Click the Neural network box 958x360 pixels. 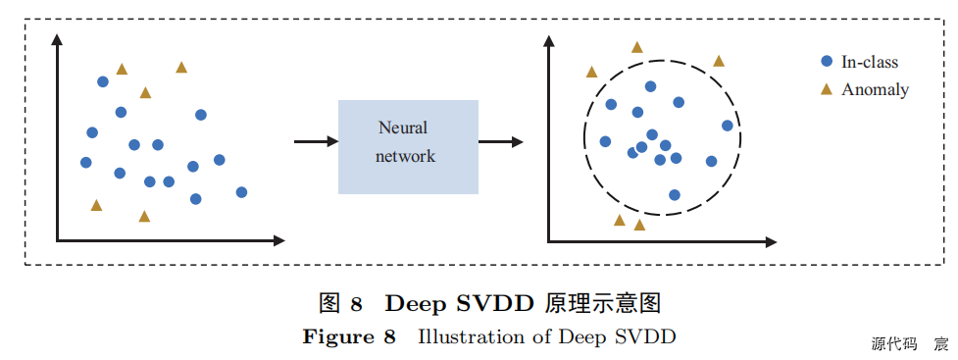[408, 146]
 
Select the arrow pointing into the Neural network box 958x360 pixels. [316, 142]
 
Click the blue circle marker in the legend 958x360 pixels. [827, 62]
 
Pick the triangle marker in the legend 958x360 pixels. [827, 89]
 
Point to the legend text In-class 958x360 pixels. [869, 62]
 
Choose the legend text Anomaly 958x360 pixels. [875, 89]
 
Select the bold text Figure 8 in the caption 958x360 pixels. [349, 337]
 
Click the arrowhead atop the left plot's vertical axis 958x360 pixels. [58, 38]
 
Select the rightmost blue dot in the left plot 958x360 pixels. [241, 192]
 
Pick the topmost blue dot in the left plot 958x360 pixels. [103, 81]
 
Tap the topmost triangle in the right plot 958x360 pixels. [637, 47]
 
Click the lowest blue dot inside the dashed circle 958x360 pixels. [675, 194]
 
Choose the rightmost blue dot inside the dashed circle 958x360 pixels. [727, 125]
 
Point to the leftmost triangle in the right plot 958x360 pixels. [591, 72]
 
